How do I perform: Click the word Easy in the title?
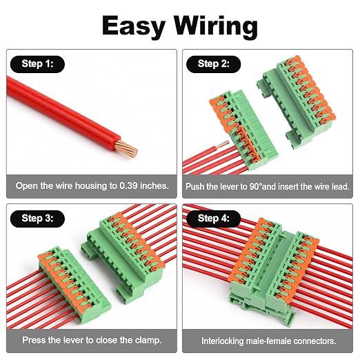[x=134, y=26]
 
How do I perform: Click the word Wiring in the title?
[x=215, y=27]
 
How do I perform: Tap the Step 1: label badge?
[x=37, y=64]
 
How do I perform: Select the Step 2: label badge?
[x=214, y=64]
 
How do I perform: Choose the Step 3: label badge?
[x=37, y=219]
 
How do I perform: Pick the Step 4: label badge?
[x=214, y=219]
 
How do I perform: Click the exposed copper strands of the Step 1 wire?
[x=127, y=149]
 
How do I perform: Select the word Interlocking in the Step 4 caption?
[x=222, y=341]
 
